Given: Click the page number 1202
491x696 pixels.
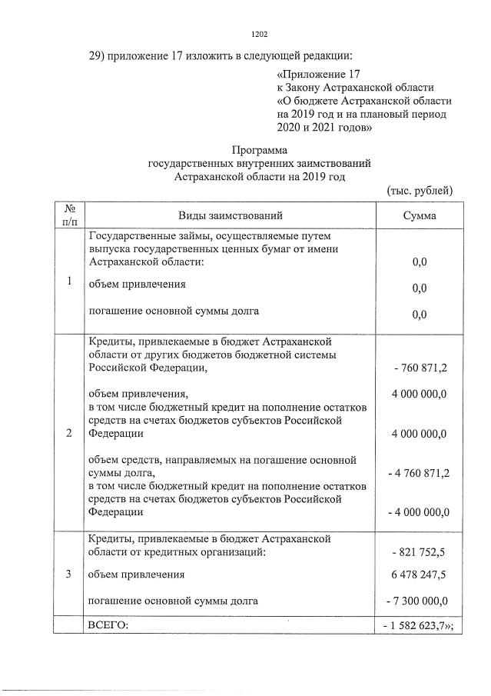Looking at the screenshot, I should point(259,35).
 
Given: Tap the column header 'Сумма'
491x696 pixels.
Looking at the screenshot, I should point(419,215).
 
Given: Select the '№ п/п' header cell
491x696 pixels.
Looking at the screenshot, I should point(69,215).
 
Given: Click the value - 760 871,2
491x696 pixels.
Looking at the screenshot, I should point(420,368).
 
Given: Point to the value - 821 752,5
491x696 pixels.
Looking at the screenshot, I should point(420,552).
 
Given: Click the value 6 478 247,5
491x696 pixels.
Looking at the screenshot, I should point(420,574).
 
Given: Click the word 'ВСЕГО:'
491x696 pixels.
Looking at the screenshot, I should point(108,626).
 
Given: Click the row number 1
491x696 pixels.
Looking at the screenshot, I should point(69,281).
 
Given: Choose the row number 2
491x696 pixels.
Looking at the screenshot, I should point(69,434).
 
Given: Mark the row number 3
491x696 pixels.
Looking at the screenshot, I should point(69,574).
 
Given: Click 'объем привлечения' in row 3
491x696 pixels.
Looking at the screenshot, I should point(138,574).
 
